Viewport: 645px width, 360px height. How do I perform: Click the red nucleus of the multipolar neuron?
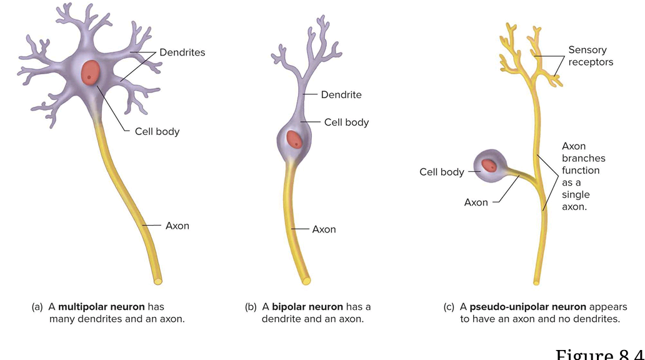tap(91, 73)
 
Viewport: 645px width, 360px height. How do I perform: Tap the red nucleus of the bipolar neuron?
tap(294, 139)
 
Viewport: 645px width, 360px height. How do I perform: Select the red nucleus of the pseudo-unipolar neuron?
tap(489, 165)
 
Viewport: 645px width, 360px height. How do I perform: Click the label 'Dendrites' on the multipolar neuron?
tap(182, 52)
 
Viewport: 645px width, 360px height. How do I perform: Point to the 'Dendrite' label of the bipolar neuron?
tap(341, 95)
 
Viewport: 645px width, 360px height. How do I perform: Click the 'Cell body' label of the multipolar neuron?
tap(157, 131)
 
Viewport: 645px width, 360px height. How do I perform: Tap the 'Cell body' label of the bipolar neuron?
tap(346, 122)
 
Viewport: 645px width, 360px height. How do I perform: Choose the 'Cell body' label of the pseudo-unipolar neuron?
tap(442, 172)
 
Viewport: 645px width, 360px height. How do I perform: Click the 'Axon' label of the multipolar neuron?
tap(177, 226)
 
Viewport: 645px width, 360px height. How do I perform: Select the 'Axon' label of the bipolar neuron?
tap(324, 229)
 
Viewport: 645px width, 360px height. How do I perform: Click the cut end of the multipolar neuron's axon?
tap(158, 281)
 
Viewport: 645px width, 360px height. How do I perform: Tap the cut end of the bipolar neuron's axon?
tap(306, 281)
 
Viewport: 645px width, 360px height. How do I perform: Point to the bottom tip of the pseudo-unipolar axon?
tap(536, 282)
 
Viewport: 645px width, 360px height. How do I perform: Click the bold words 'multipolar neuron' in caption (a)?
tap(101, 307)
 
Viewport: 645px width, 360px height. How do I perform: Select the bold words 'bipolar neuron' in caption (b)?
tap(307, 307)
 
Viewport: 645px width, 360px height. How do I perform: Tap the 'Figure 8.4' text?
tap(599, 354)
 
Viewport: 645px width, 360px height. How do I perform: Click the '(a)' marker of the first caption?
tap(37, 307)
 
